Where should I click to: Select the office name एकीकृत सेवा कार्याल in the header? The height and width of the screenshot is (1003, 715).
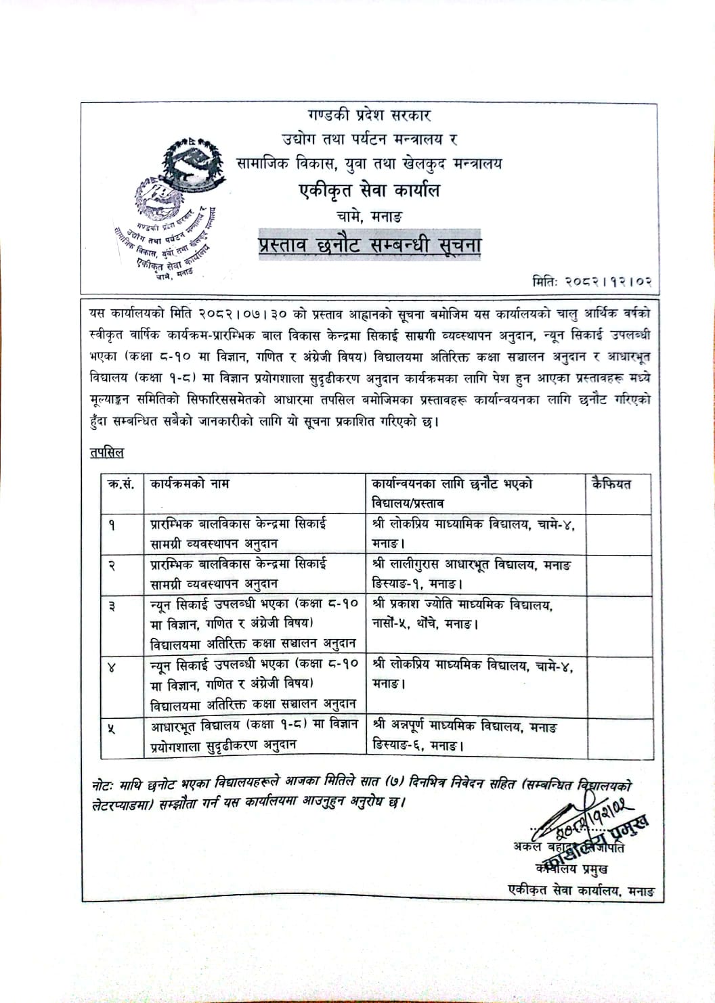pos(370,191)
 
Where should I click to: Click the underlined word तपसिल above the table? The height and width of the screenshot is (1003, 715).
pos(106,452)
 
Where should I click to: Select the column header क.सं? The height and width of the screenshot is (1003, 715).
pos(121,485)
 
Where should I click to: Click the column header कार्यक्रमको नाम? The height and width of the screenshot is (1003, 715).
pos(190,485)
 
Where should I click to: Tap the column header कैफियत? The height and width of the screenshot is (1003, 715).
pos(611,485)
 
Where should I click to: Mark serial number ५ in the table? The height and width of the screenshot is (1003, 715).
pos(112,728)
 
